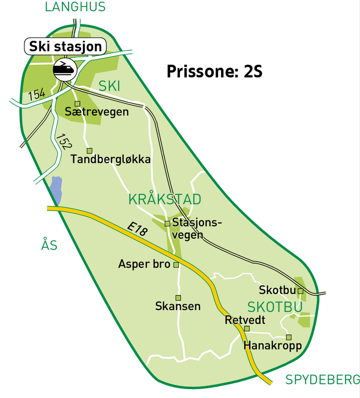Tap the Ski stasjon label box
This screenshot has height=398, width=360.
pyautogui.click(x=65, y=46)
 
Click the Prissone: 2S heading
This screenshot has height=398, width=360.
pyautogui.click(x=214, y=72)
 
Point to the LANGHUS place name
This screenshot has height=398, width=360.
pyautogui.click(x=75, y=7)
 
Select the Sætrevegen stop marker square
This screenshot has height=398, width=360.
pyautogui.click(x=77, y=104)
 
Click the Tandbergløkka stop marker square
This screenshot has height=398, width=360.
pyautogui.click(x=90, y=150)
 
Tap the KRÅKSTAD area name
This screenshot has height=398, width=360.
pyautogui.click(x=165, y=199)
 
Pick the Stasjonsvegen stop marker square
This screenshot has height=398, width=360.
pyautogui.click(x=167, y=224)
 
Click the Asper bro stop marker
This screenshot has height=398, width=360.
pyautogui.click(x=176, y=265)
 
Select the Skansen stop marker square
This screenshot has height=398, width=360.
pyautogui.click(x=178, y=298)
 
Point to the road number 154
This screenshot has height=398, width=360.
pyautogui.click(x=37, y=94)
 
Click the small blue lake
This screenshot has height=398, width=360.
pyautogui.click(x=56, y=190)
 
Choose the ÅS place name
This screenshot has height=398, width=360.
pyautogui.click(x=49, y=245)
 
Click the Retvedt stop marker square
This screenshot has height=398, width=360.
pyautogui.click(x=247, y=329)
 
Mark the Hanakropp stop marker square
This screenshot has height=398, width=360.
pyautogui.click(x=289, y=337)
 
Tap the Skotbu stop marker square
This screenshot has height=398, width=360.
pyautogui.click(x=300, y=291)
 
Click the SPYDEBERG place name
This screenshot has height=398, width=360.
pyautogui.click(x=322, y=380)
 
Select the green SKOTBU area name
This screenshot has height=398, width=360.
pyautogui.click(x=275, y=307)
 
